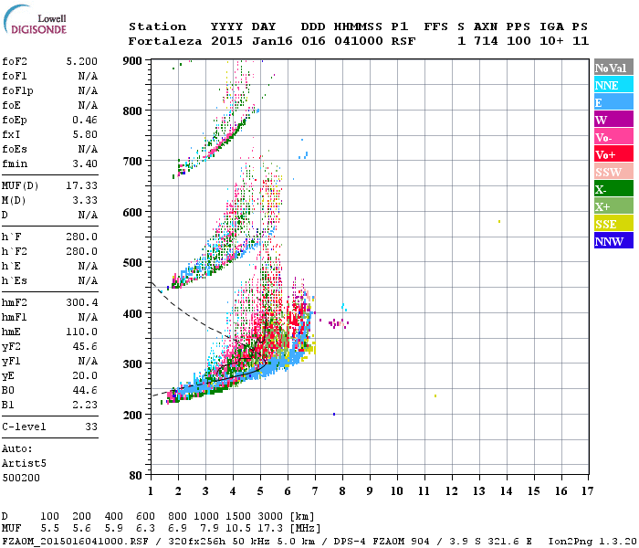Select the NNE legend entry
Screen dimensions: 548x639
[x=613, y=85]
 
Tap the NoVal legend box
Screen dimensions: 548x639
[x=613, y=68]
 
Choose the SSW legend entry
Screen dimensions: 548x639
[x=613, y=172]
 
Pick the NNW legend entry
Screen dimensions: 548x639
[x=613, y=242]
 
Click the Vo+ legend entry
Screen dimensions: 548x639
[x=613, y=154]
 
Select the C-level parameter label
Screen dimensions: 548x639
[x=25, y=425]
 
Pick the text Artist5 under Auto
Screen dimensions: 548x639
[x=25, y=463]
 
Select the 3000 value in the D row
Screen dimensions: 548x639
[x=272, y=517]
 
